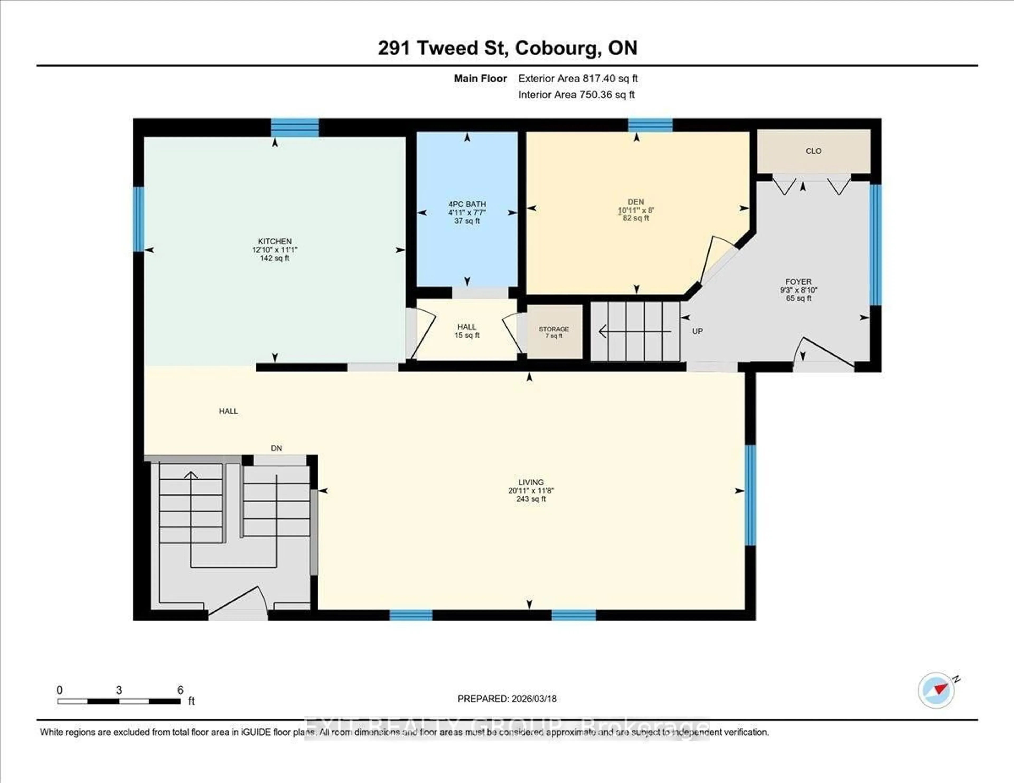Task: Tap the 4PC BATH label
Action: tap(467, 204)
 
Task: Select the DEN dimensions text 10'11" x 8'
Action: tap(636, 210)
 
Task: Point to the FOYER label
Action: tap(799, 282)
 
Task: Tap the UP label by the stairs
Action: tap(697, 331)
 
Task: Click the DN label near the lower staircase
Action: tap(276, 448)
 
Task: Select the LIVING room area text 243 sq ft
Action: tap(531, 499)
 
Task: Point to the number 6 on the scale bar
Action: tap(180, 690)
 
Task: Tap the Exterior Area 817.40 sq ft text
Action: tap(578, 78)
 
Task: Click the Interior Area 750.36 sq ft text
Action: tap(576, 95)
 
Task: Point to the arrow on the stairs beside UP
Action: tap(634, 331)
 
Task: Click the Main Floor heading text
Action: tap(480, 78)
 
